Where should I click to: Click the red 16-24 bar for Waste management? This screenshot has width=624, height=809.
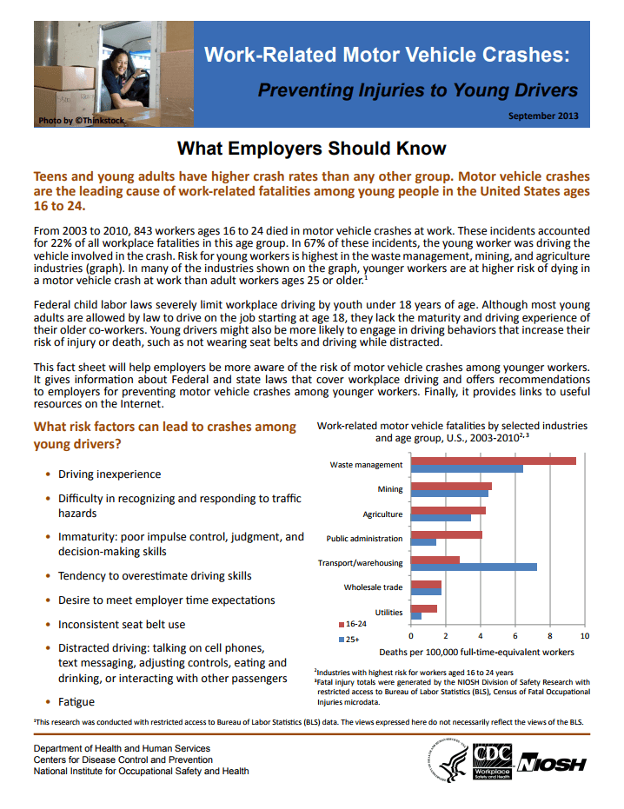[x=493, y=461]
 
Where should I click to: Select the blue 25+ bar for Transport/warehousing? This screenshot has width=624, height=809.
[x=474, y=567]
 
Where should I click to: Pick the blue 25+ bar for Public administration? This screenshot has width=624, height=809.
[x=423, y=542]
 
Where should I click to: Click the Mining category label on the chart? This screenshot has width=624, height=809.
[x=390, y=489]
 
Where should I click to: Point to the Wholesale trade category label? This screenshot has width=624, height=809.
[x=373, y=587]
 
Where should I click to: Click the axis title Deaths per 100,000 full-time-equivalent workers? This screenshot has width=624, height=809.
[x=476, y=652]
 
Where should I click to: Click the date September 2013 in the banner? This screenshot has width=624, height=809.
[x=542, y=116]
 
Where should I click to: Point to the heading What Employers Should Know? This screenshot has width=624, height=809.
[x=312, y=149]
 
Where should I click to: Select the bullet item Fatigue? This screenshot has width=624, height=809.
[x=76, y=701]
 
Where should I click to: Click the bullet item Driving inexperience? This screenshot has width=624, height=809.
[x=110, y=474]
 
